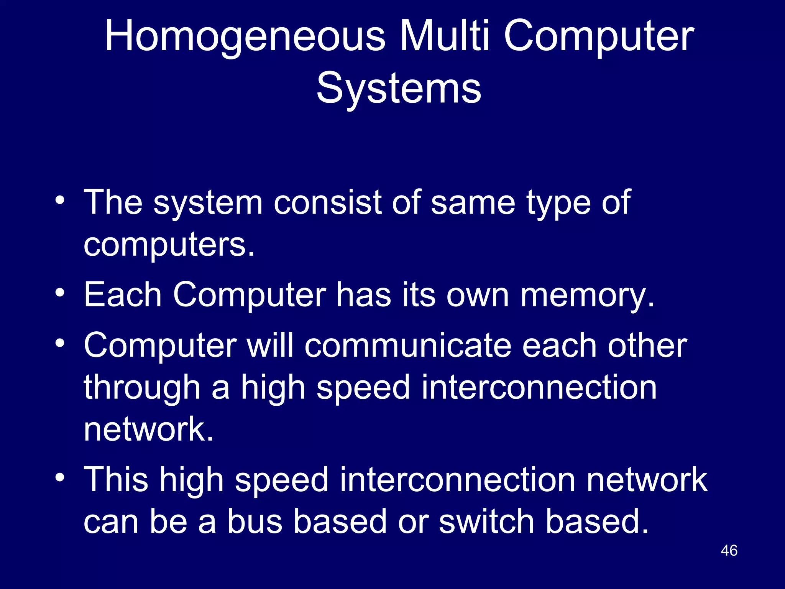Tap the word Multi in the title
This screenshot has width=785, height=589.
(x=445, y=36)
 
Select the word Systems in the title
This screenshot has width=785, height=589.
(x=399, y=89)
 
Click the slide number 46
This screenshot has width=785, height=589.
(x=729, y=550)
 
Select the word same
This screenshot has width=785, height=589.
(x=473, y=203)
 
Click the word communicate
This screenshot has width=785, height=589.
(x=408, y=346)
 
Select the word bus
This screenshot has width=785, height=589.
(x=255, y=522)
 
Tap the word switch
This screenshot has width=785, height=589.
(x=487, y=522)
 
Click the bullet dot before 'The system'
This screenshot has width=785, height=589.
(x=60, y=200)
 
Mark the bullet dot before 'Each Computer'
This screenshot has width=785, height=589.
(x=60, y=293)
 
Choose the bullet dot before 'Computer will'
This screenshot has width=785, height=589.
(x=60, y=343)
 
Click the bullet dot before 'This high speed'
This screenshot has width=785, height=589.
(x=60, y=477)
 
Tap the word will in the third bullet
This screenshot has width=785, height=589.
(x=270, y=346)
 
